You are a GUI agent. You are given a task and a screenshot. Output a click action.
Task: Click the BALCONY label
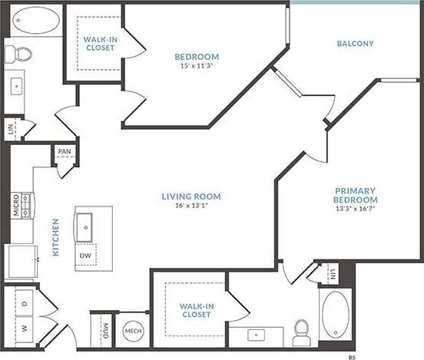coord(355,44)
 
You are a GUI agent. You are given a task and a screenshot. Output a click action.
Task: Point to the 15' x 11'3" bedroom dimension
coord(197,66)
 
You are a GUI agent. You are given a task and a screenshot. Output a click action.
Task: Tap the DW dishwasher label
coord(85,256)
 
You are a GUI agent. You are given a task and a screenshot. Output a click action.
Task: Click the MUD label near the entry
coord(104,332)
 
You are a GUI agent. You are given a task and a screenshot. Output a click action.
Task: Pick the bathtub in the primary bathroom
coord(336,315)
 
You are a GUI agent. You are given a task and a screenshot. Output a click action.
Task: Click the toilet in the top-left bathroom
coord(19,53)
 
